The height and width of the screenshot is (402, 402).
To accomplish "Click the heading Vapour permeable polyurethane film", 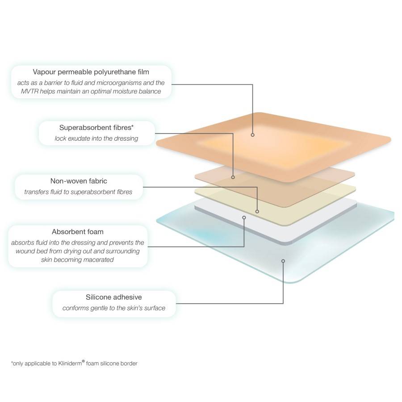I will tap(91, 72).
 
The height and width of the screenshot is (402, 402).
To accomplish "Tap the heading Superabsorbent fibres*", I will tap(96, 128).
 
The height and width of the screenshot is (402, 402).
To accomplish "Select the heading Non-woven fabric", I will tap(79, 181).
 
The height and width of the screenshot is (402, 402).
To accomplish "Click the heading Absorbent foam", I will tap(77, 232).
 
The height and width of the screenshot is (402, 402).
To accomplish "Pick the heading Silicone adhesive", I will tap(114, 297).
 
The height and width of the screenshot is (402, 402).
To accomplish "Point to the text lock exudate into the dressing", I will tap(96, 138).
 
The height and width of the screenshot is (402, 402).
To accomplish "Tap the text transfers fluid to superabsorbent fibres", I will tap(79, 192).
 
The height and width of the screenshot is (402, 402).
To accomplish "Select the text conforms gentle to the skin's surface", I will tap(114, 308).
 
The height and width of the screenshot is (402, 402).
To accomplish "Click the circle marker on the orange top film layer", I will tap(252, 134).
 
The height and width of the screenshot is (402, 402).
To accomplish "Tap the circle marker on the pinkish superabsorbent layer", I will tap(233, 177).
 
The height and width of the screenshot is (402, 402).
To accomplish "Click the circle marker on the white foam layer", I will tap(244, 218).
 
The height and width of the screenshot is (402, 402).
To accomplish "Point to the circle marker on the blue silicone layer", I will tap(283, 260).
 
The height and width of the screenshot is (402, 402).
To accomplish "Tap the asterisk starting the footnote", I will tap(12, 363).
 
